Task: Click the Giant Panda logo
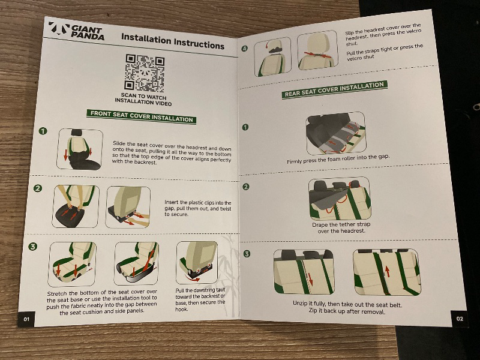(76, 31)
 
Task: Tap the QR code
(145, 73)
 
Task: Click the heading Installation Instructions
(173, 41)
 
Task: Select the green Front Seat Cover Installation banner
(142, 116)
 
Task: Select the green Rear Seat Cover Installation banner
(334, 89)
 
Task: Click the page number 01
(26, 319)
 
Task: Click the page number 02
(460, 319)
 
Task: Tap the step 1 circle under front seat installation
(43, 131)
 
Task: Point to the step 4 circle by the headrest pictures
(244, 49)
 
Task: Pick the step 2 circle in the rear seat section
(246, 187)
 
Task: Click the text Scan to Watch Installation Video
(143, 99)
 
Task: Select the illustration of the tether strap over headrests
(340, 199)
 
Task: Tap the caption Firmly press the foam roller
(338, 159)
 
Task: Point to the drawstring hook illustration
(197, 262)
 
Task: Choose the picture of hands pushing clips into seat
(76, 206)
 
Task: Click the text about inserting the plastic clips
(198, 208)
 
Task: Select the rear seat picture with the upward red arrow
(387, 272)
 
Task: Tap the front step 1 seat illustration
(80, 149)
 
